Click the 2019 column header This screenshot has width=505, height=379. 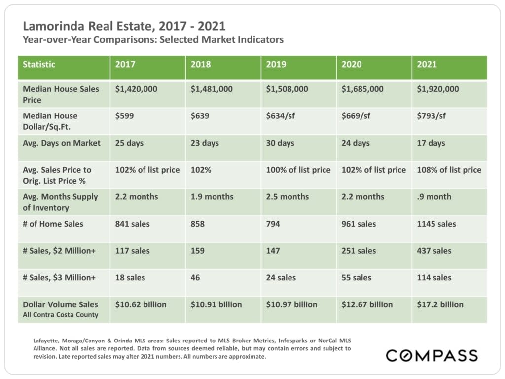[x=277, y=64]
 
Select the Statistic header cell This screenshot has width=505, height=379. [x=39, y=64]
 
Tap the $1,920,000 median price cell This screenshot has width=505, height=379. [x=438, y=89]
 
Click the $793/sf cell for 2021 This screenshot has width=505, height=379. [x=433, y=116]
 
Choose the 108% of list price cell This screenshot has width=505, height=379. [x=449, y=170]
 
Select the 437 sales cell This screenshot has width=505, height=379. [x=434, y=251]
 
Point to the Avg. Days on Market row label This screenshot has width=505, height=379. [x=62, y=143]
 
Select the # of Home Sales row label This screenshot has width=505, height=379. [x=53, y=224]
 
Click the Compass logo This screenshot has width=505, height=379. [x=432, y=355]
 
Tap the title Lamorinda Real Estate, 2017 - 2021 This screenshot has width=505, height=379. [x=124, y=25]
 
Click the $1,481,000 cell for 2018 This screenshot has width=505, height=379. [x=211, y=89]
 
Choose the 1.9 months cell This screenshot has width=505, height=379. [x=212, y=197]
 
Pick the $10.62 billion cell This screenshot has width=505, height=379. [x=141, y=304]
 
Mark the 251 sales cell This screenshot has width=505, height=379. [x=359, y=251]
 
